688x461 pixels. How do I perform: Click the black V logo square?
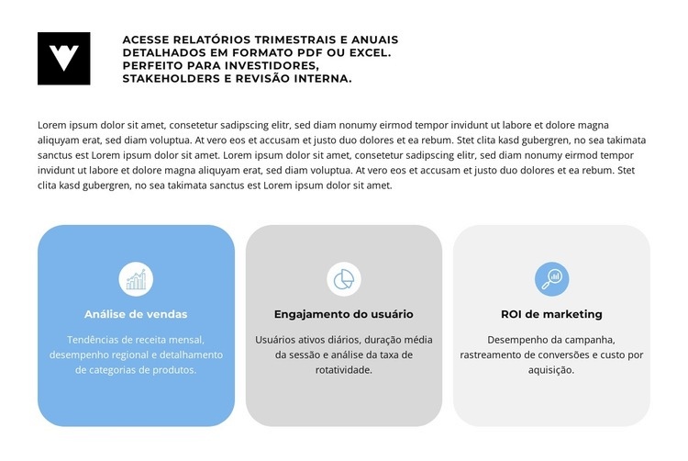point(64,59)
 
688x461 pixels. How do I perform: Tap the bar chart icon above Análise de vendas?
point(136,278)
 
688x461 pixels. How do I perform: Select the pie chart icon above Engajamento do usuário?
point(344,278)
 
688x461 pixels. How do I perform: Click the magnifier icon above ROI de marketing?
point(551,278)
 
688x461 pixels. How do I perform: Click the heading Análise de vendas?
point(136,314)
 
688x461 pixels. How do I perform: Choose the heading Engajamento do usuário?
point(344,314)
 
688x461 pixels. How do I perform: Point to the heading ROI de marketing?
point(551,314)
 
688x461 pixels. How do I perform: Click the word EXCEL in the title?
point(367,53)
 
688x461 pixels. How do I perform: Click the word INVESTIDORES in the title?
point(268,66)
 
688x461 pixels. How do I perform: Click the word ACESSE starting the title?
point(147,40)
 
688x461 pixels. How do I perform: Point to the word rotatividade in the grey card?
point(344,370)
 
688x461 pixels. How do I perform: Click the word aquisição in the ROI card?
point(551,370)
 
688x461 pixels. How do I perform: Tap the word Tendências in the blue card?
point(97,339)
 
